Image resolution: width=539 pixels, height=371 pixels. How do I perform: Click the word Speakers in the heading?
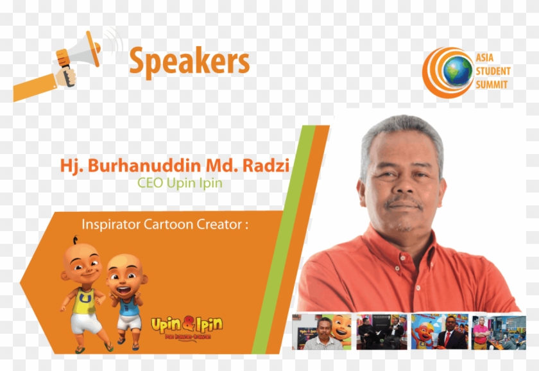click(x=189, y=62)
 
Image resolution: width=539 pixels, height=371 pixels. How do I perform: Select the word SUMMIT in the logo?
click(x=492, y=84)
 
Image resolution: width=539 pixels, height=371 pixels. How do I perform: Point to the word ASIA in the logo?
click(x=485, y=57)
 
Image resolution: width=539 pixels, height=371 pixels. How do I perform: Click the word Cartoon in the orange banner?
click(x=174, y=225)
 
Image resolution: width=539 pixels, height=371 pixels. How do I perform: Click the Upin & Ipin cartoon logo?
click(x=186, y=327)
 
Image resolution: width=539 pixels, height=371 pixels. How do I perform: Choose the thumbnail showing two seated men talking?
click(x=381, y=332)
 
